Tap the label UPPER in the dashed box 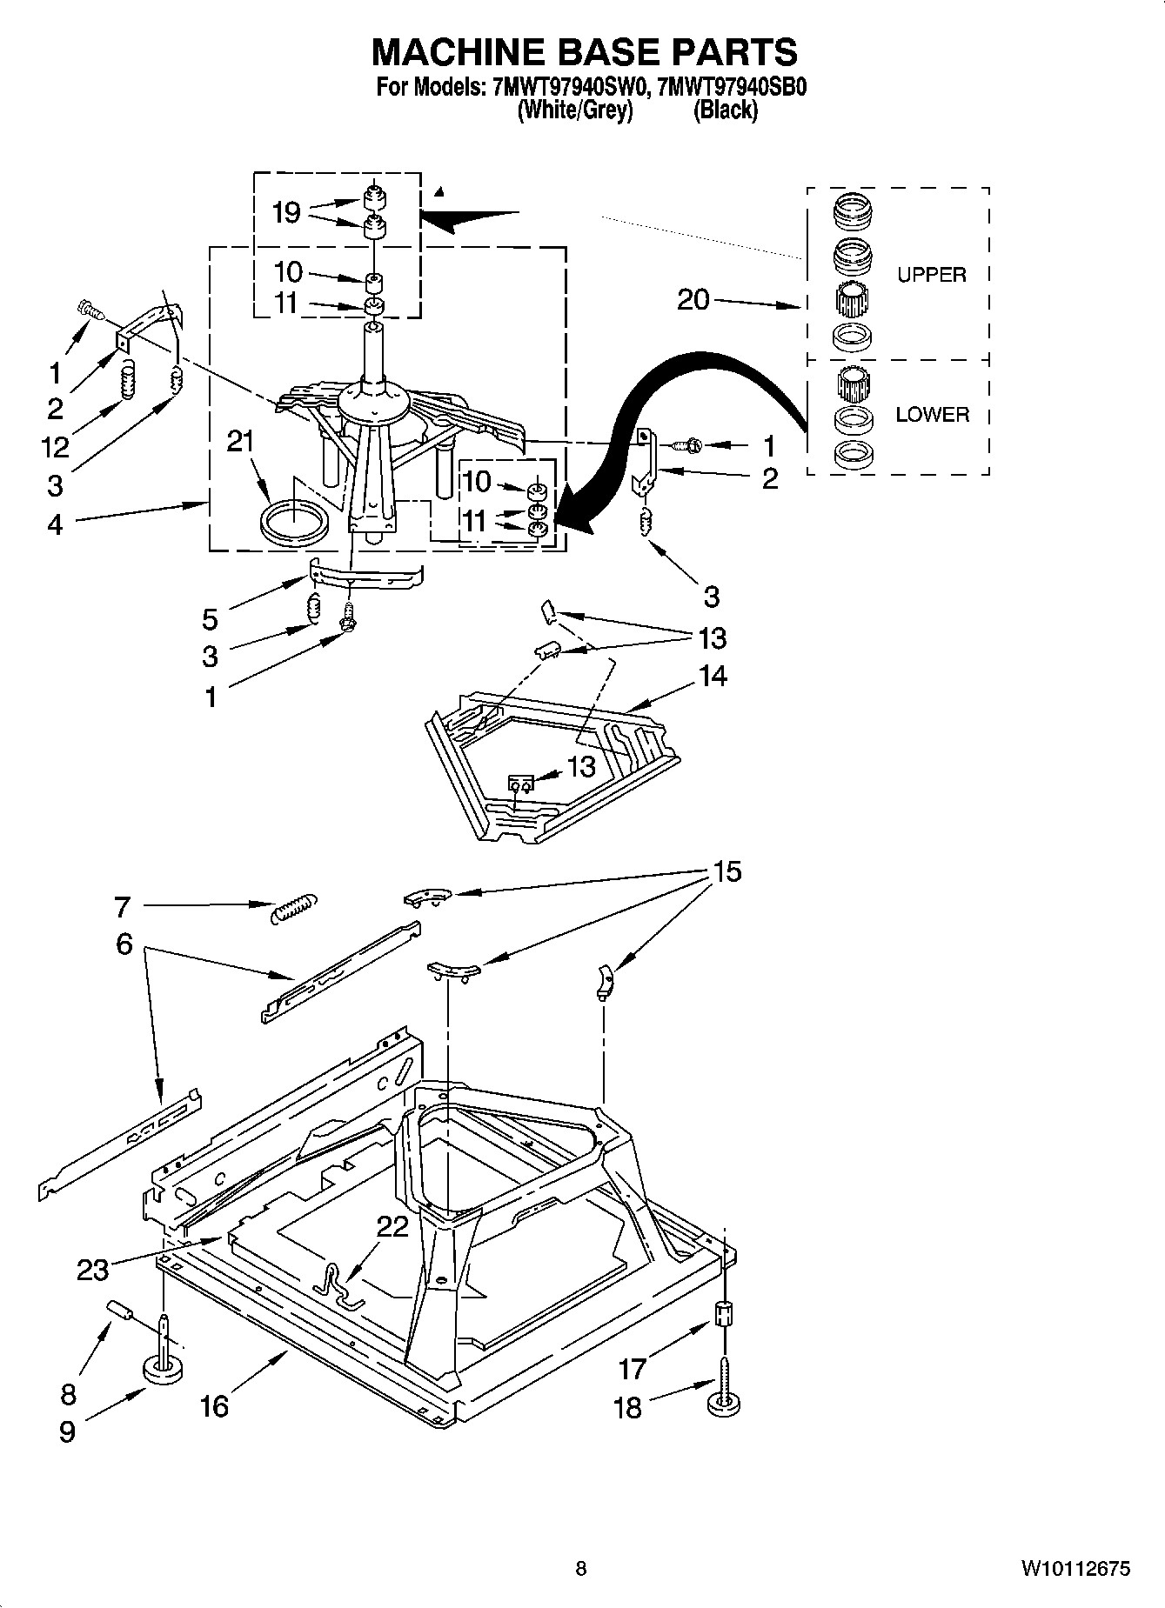coord(931,275)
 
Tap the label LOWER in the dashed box coord(932,415)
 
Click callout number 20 coord(693,300)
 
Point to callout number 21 coord(241,442)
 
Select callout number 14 coord(713,676)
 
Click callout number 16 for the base coord(214,1405)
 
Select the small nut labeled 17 coord(721,1313)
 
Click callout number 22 coord(392,1227)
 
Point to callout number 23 coord(93,1270)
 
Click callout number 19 coord(286,213)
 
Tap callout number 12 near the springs coord(55,447)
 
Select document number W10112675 coord(1075,1569)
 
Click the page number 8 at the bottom coord(581,1569)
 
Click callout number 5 coord(210,619)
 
